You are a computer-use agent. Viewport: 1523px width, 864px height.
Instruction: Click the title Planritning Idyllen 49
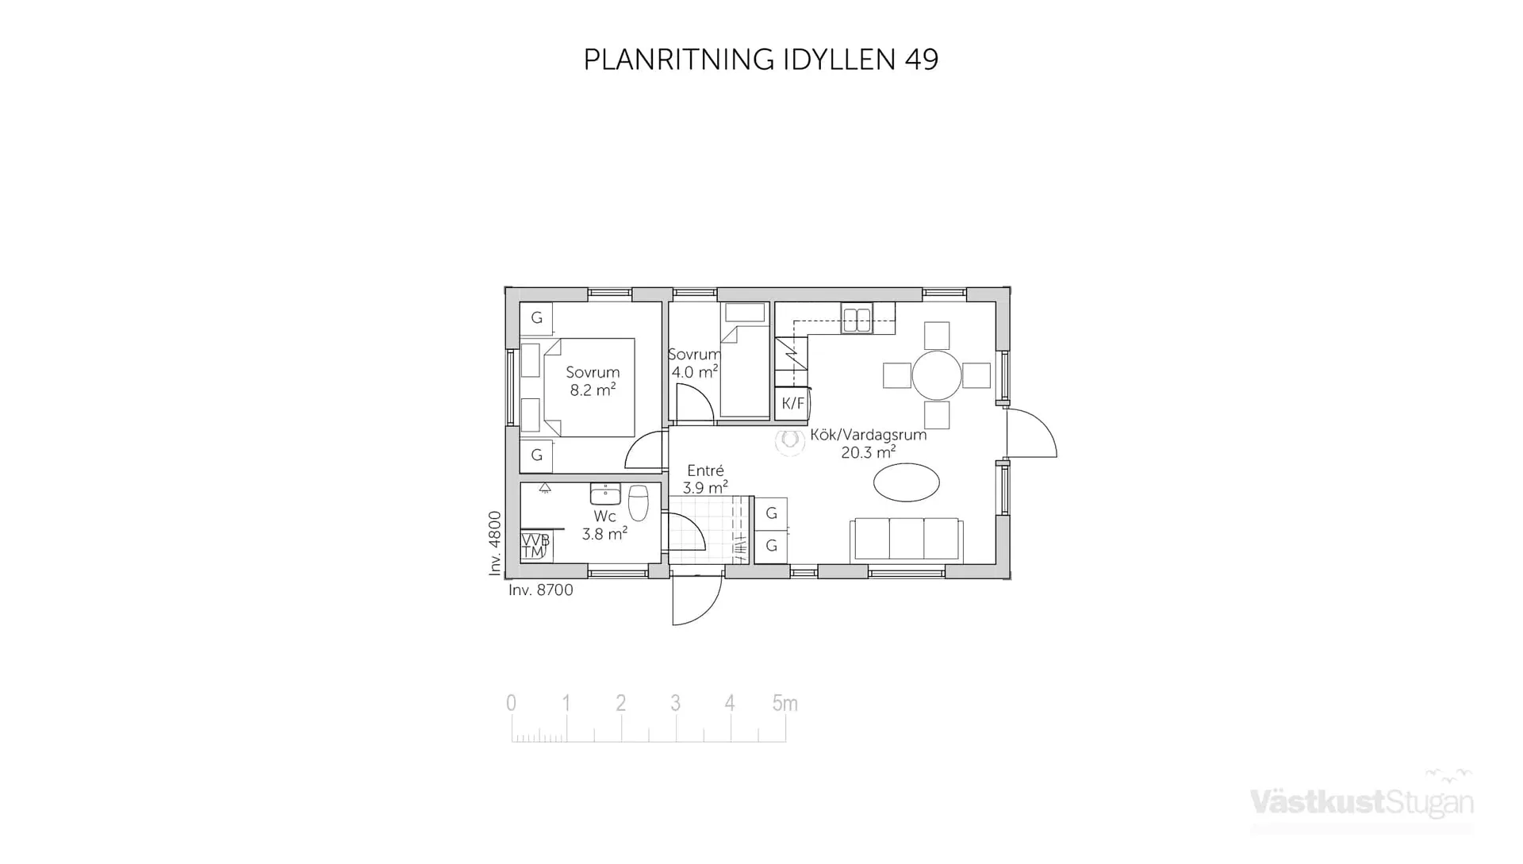pyautogui.click(x=761, y=60)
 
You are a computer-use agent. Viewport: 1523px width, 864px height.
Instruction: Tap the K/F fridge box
pyautogui.click(x=792, y=403)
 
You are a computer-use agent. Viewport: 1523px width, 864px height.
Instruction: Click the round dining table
pyautogui.click(x=936, y=375)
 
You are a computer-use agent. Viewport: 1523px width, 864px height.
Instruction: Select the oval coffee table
pyautogui.click(x=906, y=482)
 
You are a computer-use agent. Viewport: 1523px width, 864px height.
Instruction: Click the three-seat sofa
pyautogui.click(x=906, y=540)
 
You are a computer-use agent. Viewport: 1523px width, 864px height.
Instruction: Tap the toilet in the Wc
pyautogui.click(x=638, y=502)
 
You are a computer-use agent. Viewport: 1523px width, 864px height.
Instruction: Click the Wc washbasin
pyautogui.click(x=605, y=494)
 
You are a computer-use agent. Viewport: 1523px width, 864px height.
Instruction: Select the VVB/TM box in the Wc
pyautogui.click(x=535, y=546)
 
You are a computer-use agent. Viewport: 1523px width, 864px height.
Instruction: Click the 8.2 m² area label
pyautogui.click(x=593, y=390)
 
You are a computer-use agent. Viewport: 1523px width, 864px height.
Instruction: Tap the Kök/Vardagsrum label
pyautogui.click(x=868, y=435)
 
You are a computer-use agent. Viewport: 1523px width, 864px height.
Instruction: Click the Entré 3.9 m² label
pyautogui.click(x=705, y=479)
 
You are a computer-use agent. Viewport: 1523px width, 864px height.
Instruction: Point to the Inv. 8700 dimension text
pyautogui.click(x=540, y=590)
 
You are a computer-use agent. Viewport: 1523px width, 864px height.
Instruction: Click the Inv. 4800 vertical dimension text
pyautogui.click(x=495, y=543)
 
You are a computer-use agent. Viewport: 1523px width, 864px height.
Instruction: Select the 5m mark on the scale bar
pyautogui.click(x=785, y=704)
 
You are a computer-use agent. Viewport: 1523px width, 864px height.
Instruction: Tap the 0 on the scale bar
pyautogui.click(x=511, y=704)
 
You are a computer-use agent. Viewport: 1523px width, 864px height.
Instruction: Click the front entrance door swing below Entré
pyautogui.click(x=695, y=601)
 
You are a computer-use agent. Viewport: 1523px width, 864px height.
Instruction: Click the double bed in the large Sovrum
pyautogui.click(x=589, y=387)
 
